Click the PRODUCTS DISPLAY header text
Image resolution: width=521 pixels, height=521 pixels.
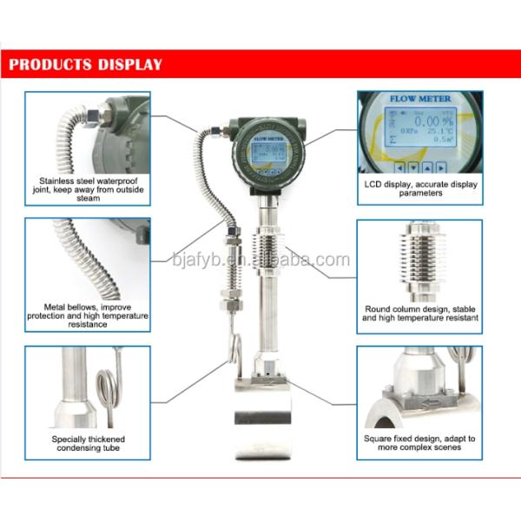[x=85, y=63]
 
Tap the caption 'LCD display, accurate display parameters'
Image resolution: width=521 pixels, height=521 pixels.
[x=420, y=188]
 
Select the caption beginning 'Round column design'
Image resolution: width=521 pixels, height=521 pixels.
[x=420, y=313]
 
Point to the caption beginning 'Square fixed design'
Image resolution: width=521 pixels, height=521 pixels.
[x=419, y=443]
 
